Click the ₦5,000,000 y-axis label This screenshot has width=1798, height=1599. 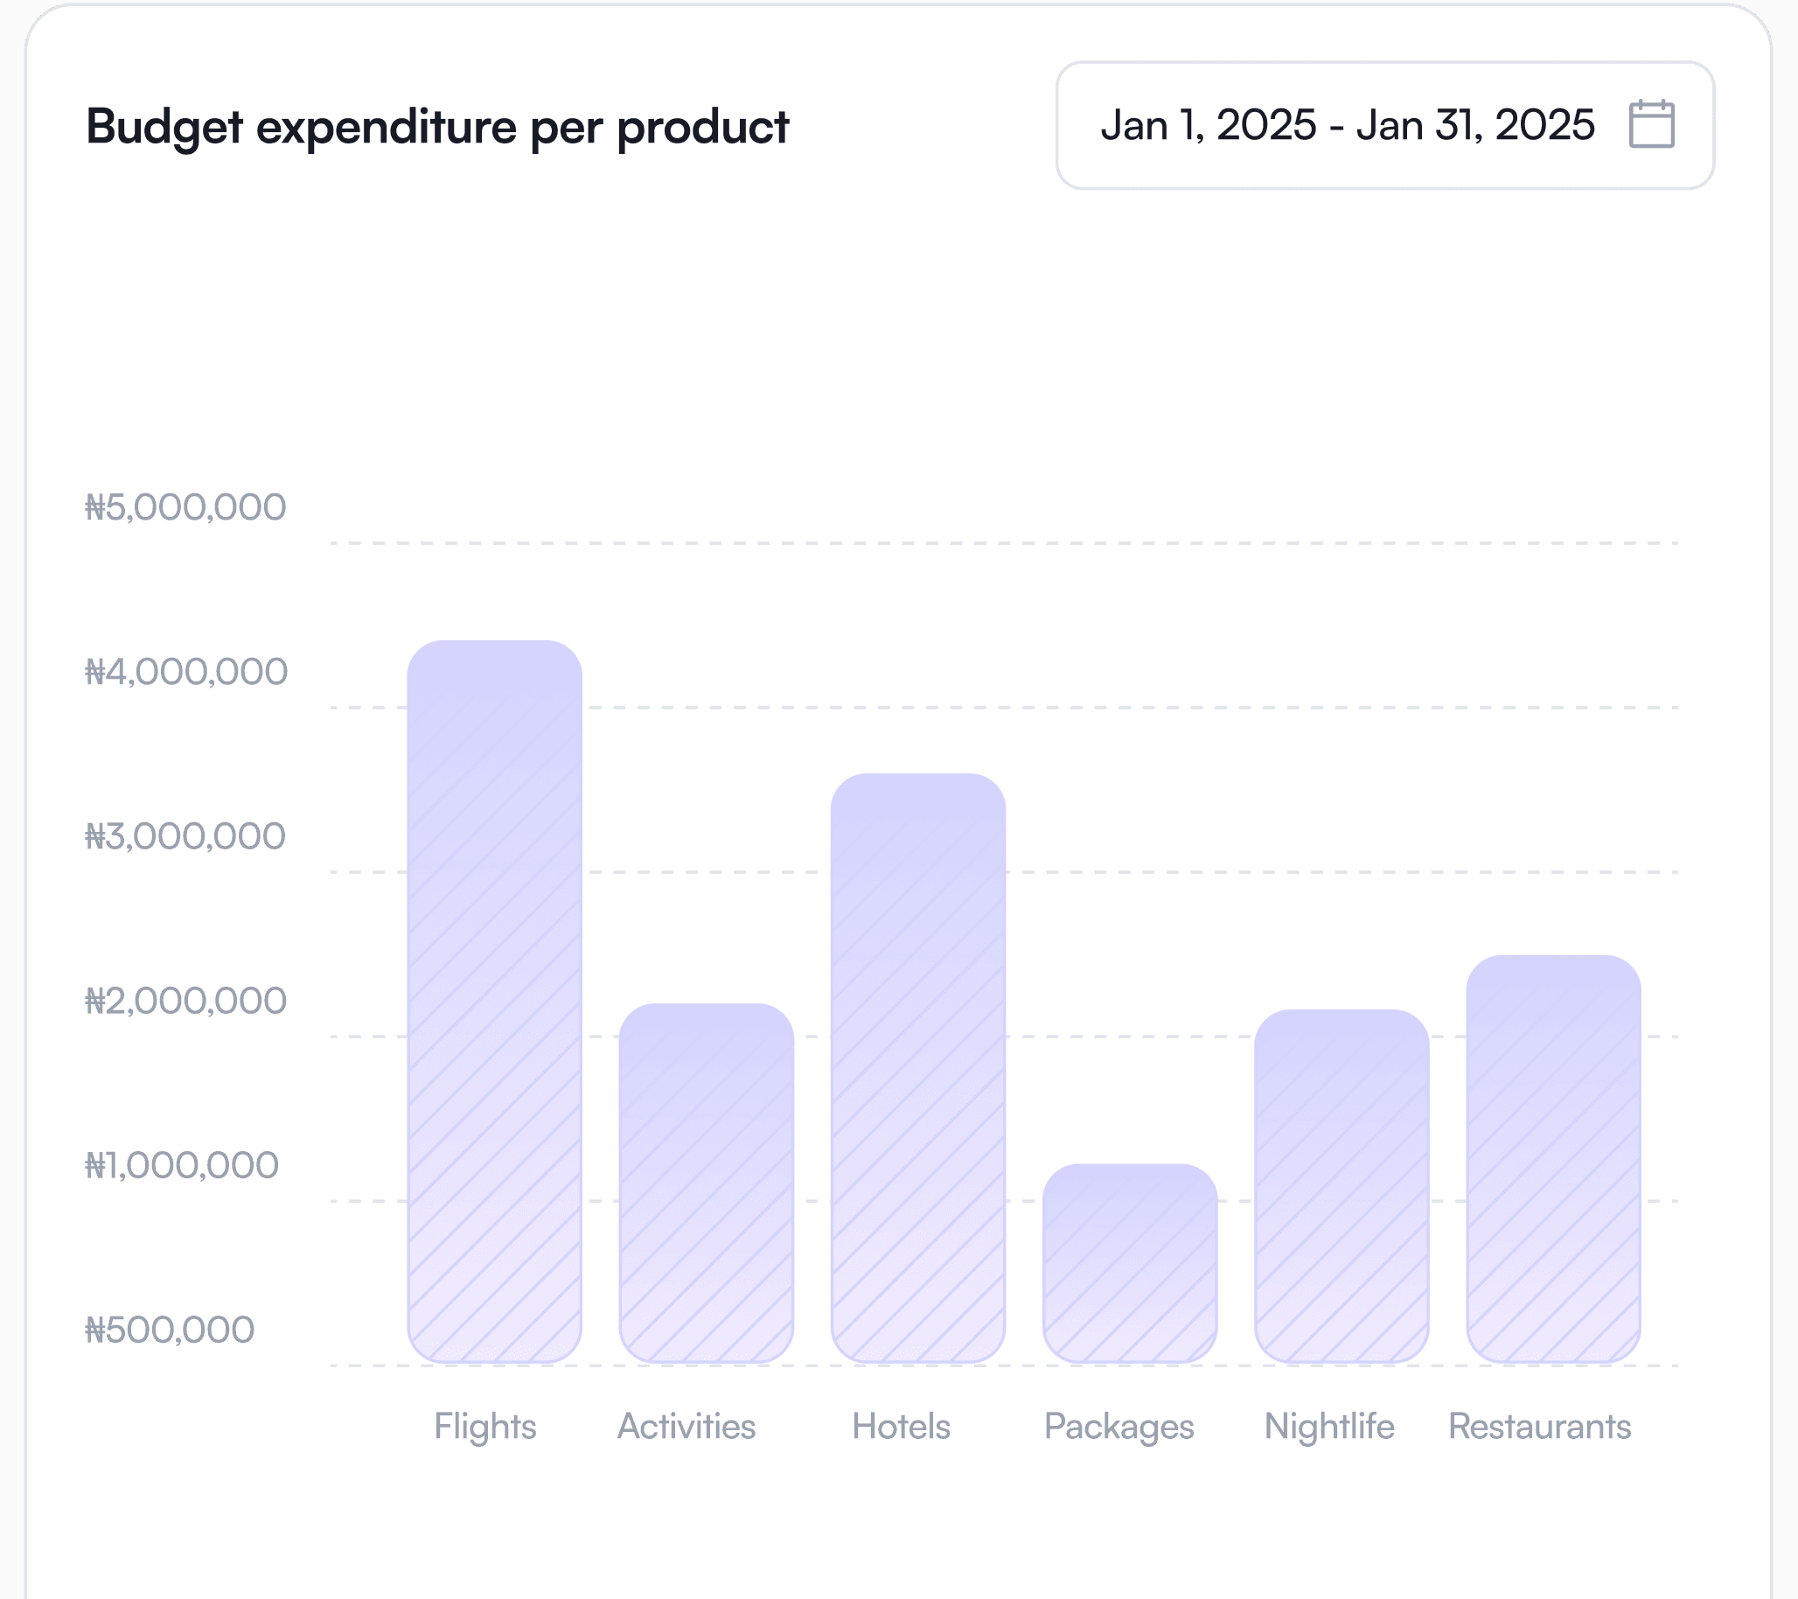[185, 507]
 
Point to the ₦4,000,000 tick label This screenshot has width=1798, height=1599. [185, 673]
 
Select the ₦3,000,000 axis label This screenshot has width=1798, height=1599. [185, 837]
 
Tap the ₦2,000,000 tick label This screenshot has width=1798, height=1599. [185, 1002]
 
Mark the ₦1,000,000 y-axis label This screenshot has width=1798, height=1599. [181, 1166]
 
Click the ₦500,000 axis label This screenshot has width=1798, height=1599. [169, 1330]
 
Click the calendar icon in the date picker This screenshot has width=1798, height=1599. [1651, 124]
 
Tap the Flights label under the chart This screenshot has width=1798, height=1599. [484, 1427]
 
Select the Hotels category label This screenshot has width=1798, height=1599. [901, 1427]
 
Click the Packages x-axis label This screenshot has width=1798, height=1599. [1119, 1427]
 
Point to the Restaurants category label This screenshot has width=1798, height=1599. [1539, 1427]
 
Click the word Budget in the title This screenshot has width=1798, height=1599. [164, 128]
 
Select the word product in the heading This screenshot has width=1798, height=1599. [703, 128]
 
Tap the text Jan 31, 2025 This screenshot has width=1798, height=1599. [1475, 125]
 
